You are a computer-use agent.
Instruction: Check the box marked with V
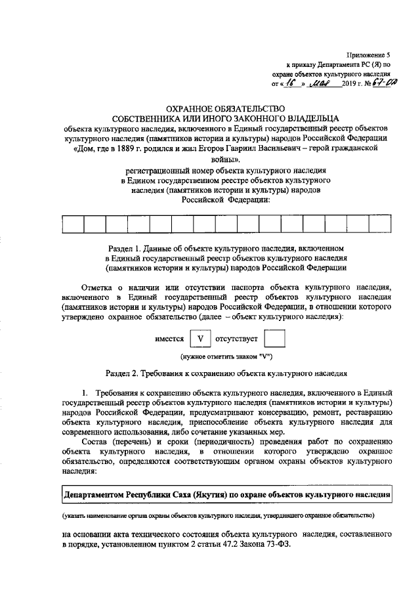202,339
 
